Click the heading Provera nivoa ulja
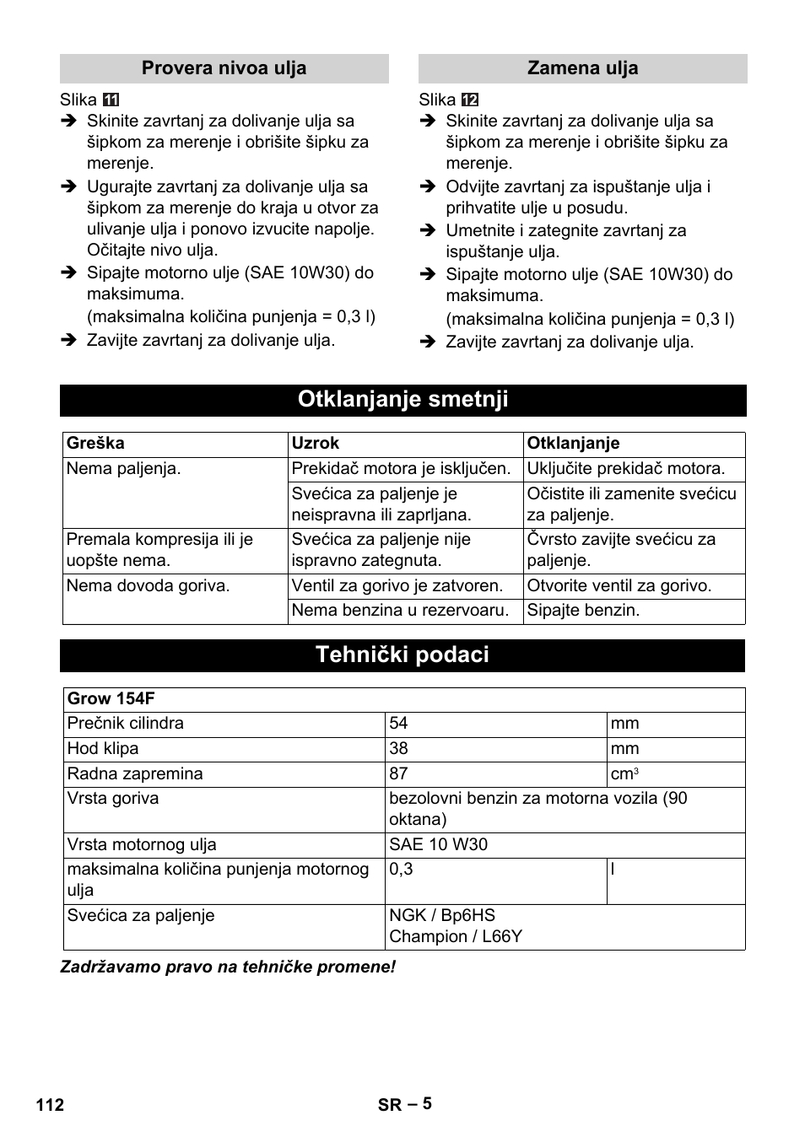coord(224,68)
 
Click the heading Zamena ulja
coord(582,68)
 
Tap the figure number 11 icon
coord(111,100)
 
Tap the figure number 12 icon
coord(470,100)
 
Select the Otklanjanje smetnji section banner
coord(402,400)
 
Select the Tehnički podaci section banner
coord(402,655)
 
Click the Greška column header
coord(95,444)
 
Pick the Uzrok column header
coord(316,444)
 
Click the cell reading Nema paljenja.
coord(123,469)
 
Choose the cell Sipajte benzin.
coord(583,611)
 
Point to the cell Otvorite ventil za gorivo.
coord(619,586)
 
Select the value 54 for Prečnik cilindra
coord(398,724)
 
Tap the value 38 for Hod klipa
coord(398,749)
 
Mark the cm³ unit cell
coord(624,774)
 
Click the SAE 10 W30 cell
coord(438,845)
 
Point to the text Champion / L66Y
coord(456,937)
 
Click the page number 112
coord(50,1105)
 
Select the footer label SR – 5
coord(404,1104)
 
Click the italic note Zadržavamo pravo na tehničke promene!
coord(228,967)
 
